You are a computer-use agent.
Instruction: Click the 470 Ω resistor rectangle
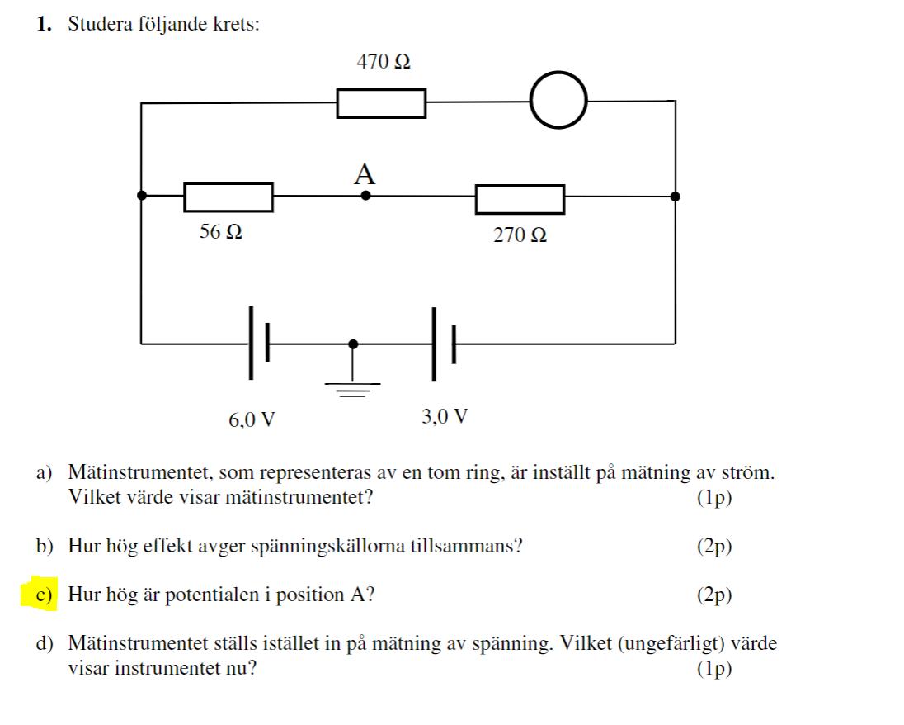[x=381, y=104]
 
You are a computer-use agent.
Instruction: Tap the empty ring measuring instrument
[x=558, y=101]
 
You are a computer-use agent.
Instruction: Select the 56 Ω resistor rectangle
[x=228, y=197]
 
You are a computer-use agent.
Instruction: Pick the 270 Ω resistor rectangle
[x=520, y=199]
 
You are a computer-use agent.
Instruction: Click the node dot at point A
[x=365, y=197]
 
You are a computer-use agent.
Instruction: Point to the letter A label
[x=364, y=174]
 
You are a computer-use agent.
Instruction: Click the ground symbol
[x=354, y=387]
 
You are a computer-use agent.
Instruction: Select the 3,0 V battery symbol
[x=442, y=343]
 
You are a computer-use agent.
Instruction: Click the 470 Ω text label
[x=384, y=61]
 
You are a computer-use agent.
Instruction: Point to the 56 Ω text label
[x=220, y=232]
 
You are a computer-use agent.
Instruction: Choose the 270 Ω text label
[x=520, y=235]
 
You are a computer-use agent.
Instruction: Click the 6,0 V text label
[x=252, y=419]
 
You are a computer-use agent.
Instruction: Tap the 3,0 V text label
[x=445, y=416]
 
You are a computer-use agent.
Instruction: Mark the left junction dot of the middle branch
[x=142, y=196]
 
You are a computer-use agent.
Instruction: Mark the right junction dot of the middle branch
[x=676, y=197]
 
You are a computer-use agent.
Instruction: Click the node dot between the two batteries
[x=354, y=343]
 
